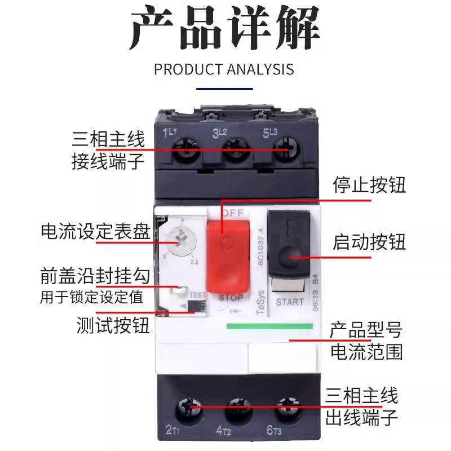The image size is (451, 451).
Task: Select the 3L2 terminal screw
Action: tap(232, 149)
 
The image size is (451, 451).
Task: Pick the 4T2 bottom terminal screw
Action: tap(236, 408)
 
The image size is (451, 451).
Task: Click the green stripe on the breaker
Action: tap(269, 326)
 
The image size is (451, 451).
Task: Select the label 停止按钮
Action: tap(369, 185)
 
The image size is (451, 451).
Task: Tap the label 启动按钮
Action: tap(369, 242)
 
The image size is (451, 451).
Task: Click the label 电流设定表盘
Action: tap(95, 231)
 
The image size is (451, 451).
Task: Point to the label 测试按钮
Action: tap(113, 325)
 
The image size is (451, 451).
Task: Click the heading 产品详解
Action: tap(225, 29)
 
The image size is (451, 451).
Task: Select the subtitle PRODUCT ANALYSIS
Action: tap(224, 70)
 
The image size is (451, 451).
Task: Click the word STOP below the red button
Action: tap(231, 298)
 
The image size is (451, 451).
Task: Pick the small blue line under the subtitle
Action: tap(224, 89)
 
